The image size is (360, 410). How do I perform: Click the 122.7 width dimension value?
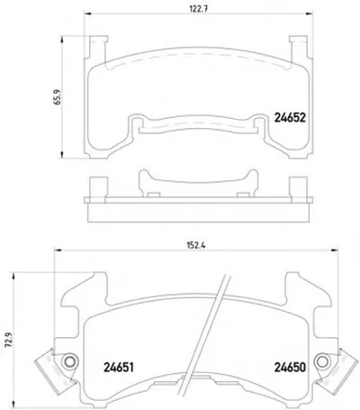(199, 9)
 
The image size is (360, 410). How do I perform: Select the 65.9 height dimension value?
(57, 97)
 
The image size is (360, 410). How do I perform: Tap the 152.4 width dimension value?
(195, 245)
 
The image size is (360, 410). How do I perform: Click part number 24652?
(290, 118)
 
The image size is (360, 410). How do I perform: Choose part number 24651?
(119, 368)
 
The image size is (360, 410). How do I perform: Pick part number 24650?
(290, 368)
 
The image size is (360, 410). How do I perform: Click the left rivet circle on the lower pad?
(70, 360)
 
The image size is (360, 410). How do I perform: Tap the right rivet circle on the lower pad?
(322, 361)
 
